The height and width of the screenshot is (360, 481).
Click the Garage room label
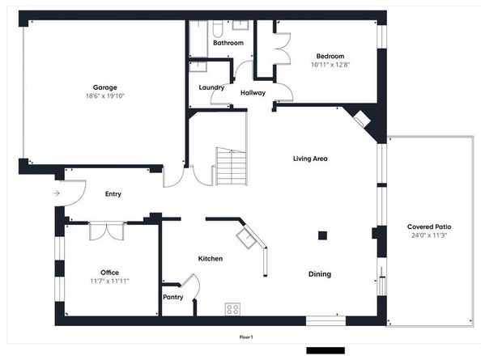click(105, 87)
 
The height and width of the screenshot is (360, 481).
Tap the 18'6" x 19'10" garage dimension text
click(105, 96)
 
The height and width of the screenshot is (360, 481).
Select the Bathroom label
click(228, 43)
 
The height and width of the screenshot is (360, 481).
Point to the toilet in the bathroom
click(217, 29)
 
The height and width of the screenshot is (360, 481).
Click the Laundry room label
click(211, 87)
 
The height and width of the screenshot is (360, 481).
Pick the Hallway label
click(253, 93)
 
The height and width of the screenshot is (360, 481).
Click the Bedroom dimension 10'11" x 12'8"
click(330, 65)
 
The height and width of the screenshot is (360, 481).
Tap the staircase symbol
click(231, 167)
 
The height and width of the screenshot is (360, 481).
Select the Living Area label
click(310, 159)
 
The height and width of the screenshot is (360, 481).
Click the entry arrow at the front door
click(57, 193)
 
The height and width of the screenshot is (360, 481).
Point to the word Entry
click(113, 194)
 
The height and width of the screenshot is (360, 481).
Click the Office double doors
click(107, 231)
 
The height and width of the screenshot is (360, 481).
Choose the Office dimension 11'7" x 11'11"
click(109, 281)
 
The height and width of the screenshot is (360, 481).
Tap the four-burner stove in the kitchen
click(232, 309)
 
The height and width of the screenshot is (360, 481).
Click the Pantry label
click(173, 297)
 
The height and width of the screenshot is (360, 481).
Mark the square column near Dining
click(322, 235)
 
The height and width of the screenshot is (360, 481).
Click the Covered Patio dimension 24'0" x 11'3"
click(429, 235)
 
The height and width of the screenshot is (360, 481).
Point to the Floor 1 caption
click(246, 337)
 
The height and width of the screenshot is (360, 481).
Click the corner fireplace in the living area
click(362, 118)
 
